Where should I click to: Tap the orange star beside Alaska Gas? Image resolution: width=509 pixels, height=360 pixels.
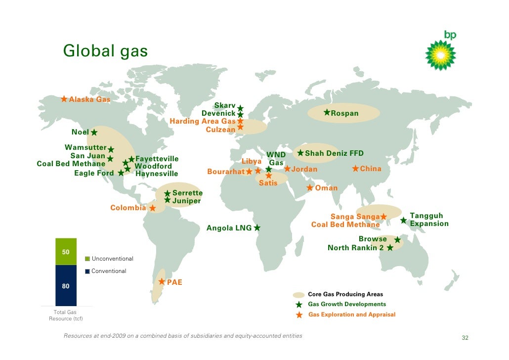pyautogui.click(x=64, y=99)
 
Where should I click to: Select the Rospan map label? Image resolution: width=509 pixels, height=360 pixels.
pyautogui.click(x=344, y=114)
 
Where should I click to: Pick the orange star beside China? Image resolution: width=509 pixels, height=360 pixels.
pyautogui.click(x=355, y=169)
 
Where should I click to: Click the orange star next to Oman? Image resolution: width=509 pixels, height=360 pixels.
pyautogui.click(x=310, y=188)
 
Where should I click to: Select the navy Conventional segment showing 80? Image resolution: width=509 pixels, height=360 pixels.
pyautogui.click(x=66, y=286)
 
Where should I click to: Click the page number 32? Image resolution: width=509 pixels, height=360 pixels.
pyautogui.click(x=465, y=338)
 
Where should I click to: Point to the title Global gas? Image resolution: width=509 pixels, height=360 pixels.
pyautogui.click(x=105, y=51)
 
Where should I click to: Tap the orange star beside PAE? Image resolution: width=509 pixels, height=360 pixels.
pyautogui.click(x=162, y=282)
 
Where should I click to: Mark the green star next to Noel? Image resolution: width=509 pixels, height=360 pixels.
pyautogui.click(x=94, y=133)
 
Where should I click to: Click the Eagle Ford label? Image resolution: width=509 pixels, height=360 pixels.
pyautogui.click(x=94, y=173)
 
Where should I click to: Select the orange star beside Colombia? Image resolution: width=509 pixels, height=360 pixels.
pyautogui.click(x=153, y=208)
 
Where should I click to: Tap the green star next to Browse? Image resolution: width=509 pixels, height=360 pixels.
pyautogui.click(x=397, y=240)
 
